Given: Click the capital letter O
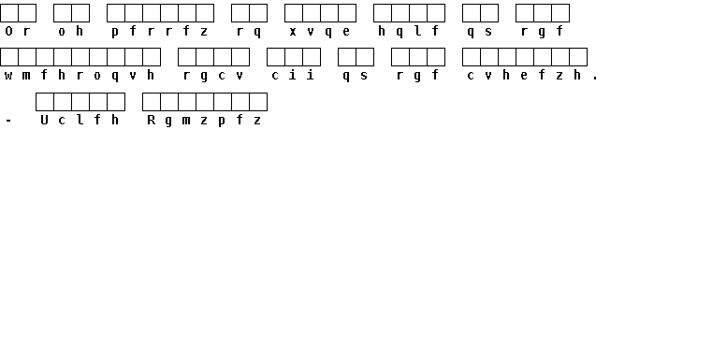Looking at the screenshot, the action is click(x=8, y=31).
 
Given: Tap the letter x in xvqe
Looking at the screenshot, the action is click(x=293, y=32).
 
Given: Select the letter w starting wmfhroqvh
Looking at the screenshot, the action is click(x=8, y=76).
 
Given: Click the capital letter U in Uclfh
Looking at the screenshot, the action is click(x=44, y=120).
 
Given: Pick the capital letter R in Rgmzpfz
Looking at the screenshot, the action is click(x=152, y=120).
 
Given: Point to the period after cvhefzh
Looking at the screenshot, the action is click(x=595, y=79).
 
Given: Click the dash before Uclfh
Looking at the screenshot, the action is click(x=8, y=121).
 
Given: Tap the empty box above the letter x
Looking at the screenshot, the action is click(x=294, y=13).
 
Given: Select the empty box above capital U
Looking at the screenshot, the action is click(x=45, y=102).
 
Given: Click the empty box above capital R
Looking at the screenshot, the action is click(x=152, y=102).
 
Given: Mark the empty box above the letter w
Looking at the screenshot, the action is click(x=9, y=57).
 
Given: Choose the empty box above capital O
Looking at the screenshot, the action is click(x=9, y=13).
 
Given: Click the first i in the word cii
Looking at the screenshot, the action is click(x=293, y=75).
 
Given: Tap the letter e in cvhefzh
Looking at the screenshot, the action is click(x=524, y=76).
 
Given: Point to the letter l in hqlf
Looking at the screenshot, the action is click(x=418, y=31).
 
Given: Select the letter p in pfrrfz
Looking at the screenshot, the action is click(x=115, y=32).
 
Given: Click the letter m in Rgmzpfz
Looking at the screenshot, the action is click(x=186, y=121).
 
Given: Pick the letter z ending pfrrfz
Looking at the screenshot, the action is click(x=204, y=32).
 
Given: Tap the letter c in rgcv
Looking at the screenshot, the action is click(x=222, y=76).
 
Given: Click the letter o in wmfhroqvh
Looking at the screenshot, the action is click(x=97, y=76).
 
